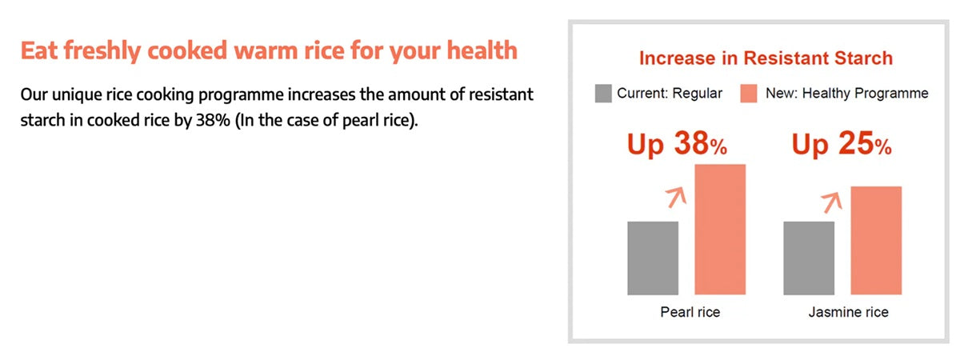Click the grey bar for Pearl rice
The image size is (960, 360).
pyautogui.click(x=653, y=258)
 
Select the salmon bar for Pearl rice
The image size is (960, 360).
pyautogui.click(x=720, y=230)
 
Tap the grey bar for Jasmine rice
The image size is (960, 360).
pyautogui.click(x=809, y=258)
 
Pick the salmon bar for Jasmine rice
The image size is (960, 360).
pyautogui.click(x=876, y=241)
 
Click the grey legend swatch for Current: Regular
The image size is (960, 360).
pyautogui.click(x=603, y=94)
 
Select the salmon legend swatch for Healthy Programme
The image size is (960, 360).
pyautogui.click(x=748, y=94)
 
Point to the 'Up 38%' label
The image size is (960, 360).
pyautogui.click(x=677, y=144)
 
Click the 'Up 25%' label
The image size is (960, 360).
pyautogui.click(x=842, y=144)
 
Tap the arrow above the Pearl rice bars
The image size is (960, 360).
pyautogui.click(x=677, y=197)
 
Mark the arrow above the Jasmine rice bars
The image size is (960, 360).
pyautogui.click(x=832, y=202)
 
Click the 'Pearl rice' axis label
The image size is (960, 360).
pyautogui.click(x=690, y=312)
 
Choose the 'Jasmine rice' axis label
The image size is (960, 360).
pyautogui.click(x=849, y=312)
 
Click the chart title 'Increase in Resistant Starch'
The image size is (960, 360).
pyautogui.click(x=766, y=58)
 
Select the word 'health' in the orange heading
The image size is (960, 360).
pyautogui.click(x=482, y=50)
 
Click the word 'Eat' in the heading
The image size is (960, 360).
pyautogui.click(x=39, y=50)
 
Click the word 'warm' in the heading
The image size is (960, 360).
pyautogui.click(x=266, y=51)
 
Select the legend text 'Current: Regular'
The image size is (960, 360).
pyautogui.click(x=670, y=94)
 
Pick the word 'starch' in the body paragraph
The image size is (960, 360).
pyautogui.click(x=42, y=120)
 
